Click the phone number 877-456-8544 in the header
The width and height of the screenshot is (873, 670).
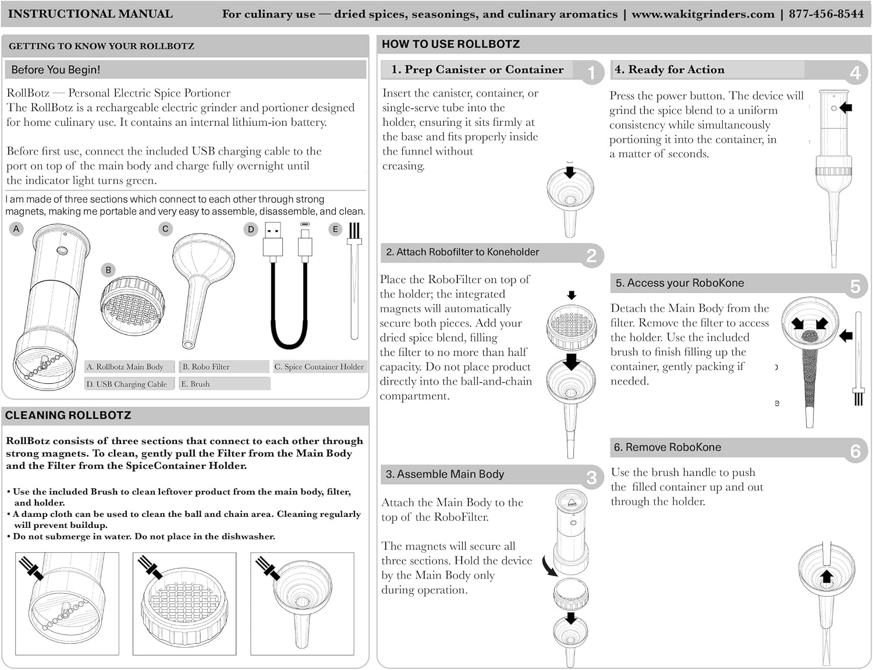coord(826,13)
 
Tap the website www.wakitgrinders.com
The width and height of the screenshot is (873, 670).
coord(703,14)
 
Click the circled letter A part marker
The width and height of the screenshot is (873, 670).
coord(16,229)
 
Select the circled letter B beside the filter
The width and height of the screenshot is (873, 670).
coord(108,270)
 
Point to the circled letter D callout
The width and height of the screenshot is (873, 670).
coord(251,229)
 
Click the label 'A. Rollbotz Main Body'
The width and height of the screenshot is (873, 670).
coord(125,367)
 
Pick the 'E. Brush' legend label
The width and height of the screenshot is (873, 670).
coord(195,384)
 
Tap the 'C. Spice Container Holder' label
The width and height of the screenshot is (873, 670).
coord(319,367)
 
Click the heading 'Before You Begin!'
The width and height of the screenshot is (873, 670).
coord(55,69)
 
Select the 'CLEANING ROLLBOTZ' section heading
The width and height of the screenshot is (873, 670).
coord(68,415)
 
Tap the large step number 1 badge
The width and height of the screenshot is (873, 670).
coord(591,73)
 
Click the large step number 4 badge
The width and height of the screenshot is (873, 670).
coord(855,73)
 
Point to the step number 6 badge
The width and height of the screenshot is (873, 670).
coord(855,451)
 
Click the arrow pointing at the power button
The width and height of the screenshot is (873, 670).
coord(846,107)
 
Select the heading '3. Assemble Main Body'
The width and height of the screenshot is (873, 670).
coord(445,474)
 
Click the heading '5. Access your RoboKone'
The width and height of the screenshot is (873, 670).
coord(680,283)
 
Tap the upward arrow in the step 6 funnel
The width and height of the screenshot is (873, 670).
coord(826,577)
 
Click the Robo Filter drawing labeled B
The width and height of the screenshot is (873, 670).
coord(132,306)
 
